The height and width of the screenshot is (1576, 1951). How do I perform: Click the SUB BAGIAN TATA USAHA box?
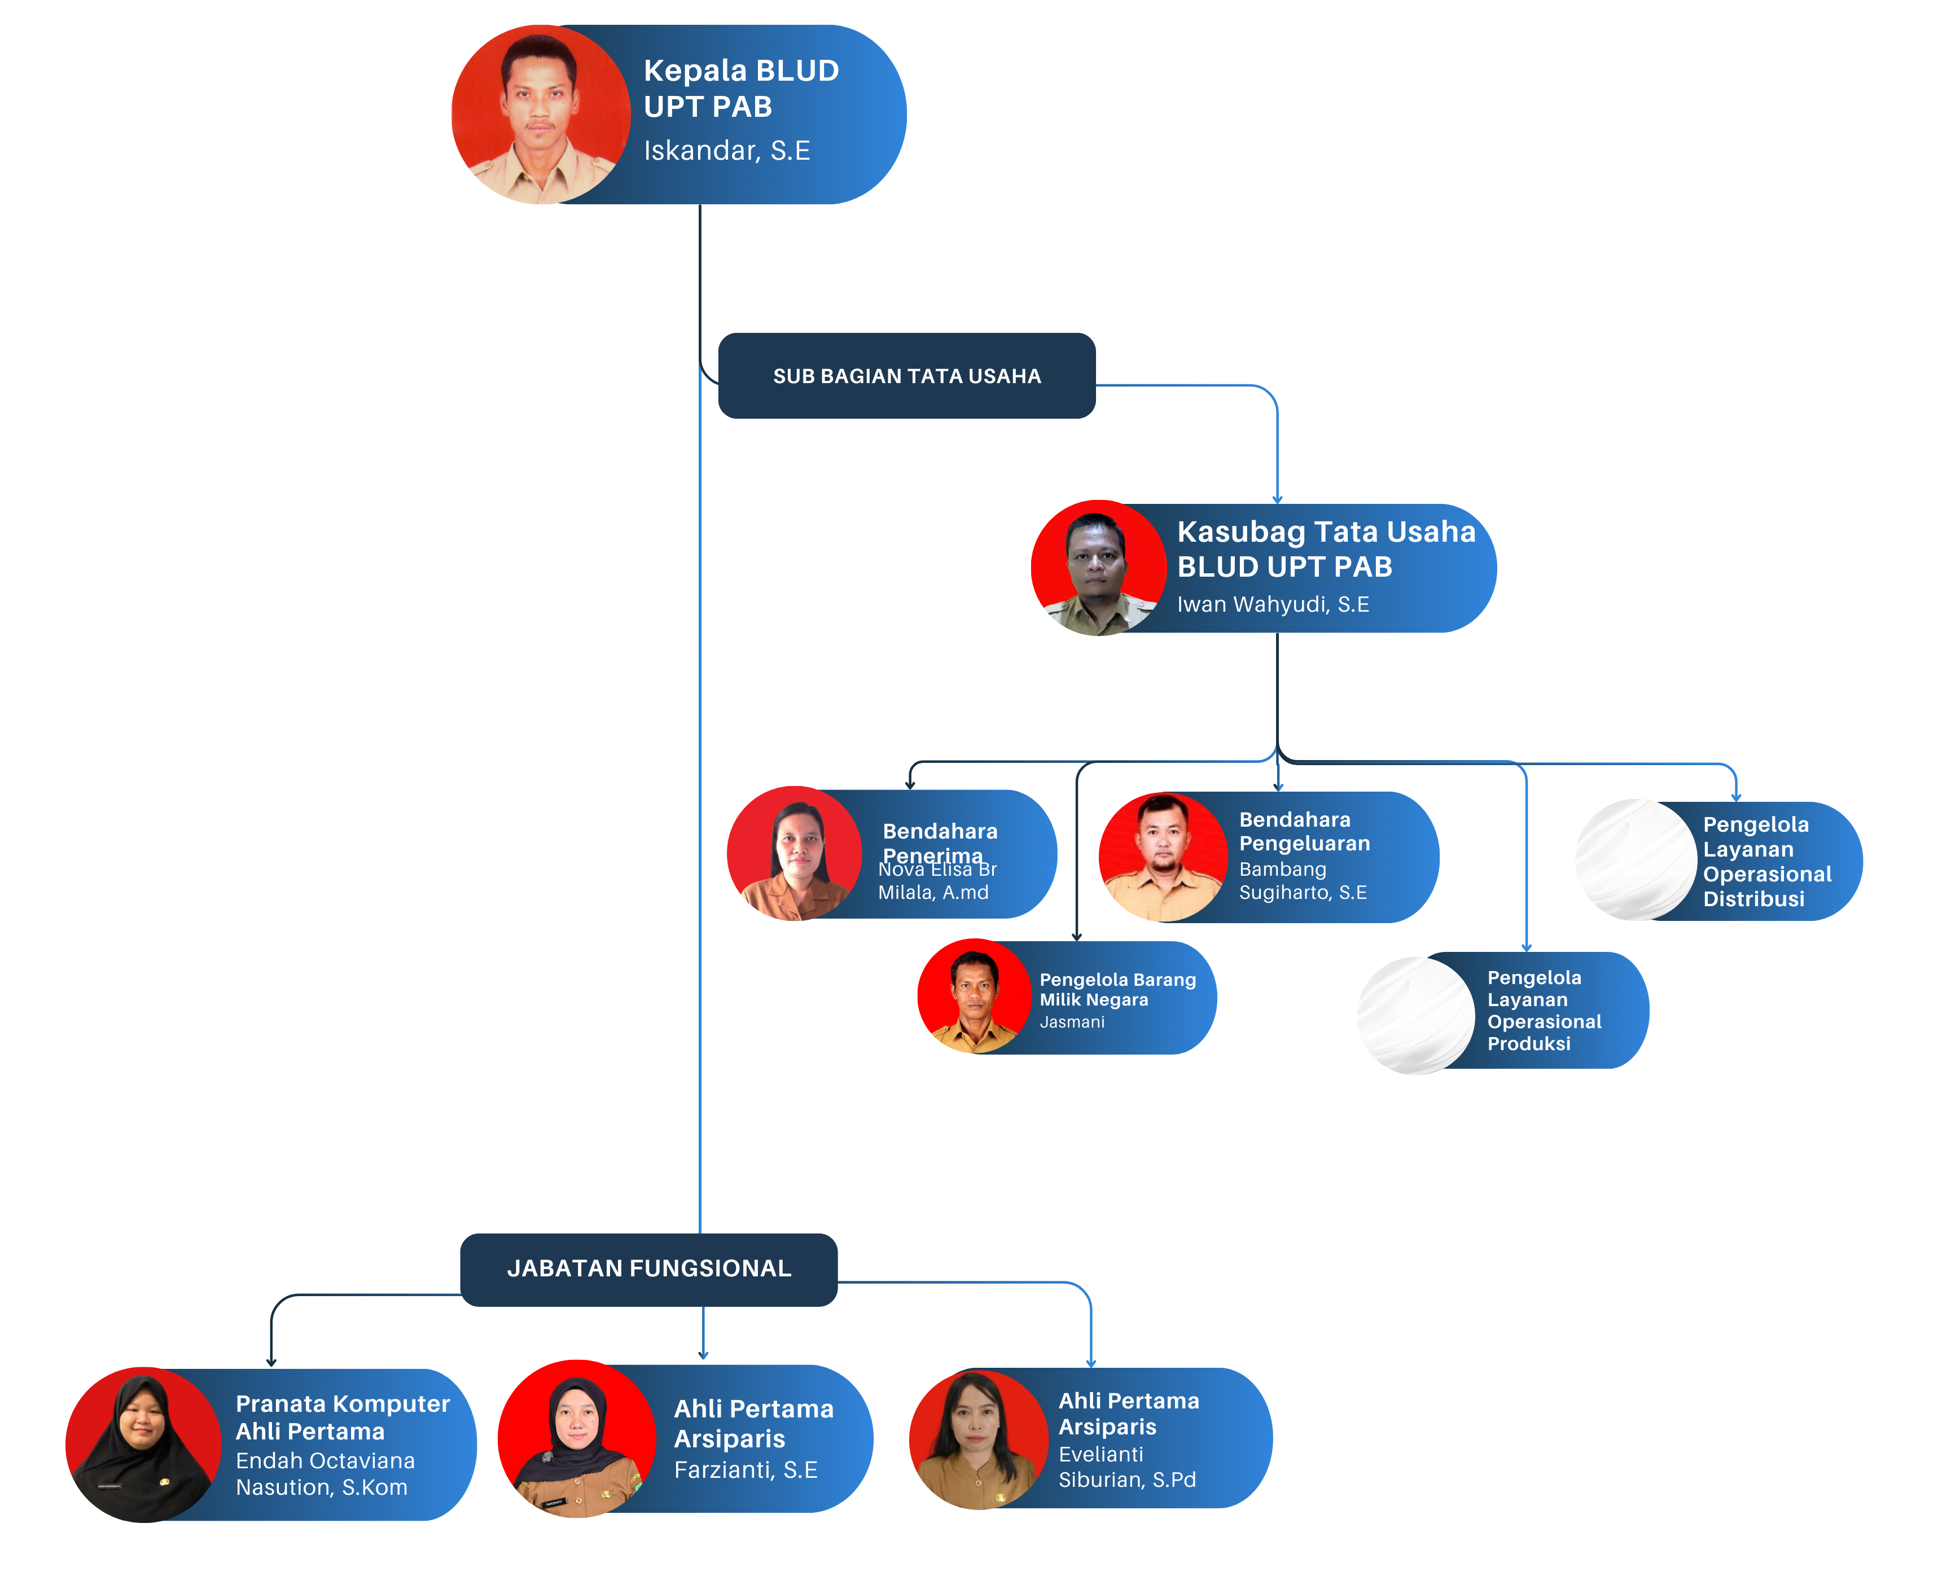[x=906, y=376]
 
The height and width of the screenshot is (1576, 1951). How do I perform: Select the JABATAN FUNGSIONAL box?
[x=648, y=1268]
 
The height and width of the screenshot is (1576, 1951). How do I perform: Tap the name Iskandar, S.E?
[x=726, y=151]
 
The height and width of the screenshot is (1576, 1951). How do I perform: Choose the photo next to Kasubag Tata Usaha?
[x=1098, y=568]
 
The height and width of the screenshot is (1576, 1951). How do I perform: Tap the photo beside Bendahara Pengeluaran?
[x=1163, y=857]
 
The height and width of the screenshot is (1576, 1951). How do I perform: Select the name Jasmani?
[x=1072, y=1022]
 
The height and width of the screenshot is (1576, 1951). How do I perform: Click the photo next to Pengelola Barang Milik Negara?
[x=974, y=997]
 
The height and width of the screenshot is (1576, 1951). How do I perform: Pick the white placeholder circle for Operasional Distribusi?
[x=1636, y=860]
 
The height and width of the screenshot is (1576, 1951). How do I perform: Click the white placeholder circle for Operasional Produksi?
[x=1417, y=1015]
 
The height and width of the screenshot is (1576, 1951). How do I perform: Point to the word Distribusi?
[x=1753, y=899]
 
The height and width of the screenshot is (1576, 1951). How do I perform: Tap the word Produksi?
[x=1529, y=1044]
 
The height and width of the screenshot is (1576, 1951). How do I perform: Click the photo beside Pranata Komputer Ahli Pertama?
[x=143, y=1445]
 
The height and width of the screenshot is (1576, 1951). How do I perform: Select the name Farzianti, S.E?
[x=746, y=1470]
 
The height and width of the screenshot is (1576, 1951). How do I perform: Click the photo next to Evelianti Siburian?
[x=978, y=1440]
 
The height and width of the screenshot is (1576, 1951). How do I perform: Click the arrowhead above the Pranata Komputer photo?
[x=270, y=1362]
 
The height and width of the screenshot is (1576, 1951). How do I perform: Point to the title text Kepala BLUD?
[x=741, y=71]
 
